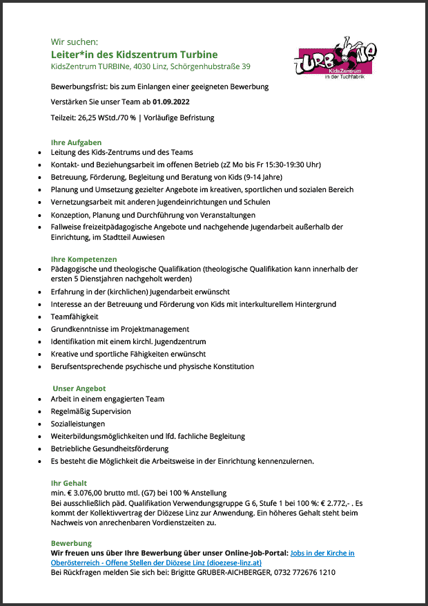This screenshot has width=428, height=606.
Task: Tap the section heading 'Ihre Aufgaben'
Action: (76, 142)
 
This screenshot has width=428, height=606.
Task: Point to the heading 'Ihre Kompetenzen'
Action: (84, 259)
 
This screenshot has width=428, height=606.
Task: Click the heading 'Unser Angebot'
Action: (79, 389)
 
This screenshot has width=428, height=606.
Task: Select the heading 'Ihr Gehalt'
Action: (69, 483)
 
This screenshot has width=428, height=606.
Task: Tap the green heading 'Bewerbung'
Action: (71, 544)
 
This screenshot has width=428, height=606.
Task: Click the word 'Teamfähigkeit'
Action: (75, 316)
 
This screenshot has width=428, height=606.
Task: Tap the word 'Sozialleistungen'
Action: (78, 424)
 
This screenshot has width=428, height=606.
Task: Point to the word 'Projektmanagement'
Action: (155, 329)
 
